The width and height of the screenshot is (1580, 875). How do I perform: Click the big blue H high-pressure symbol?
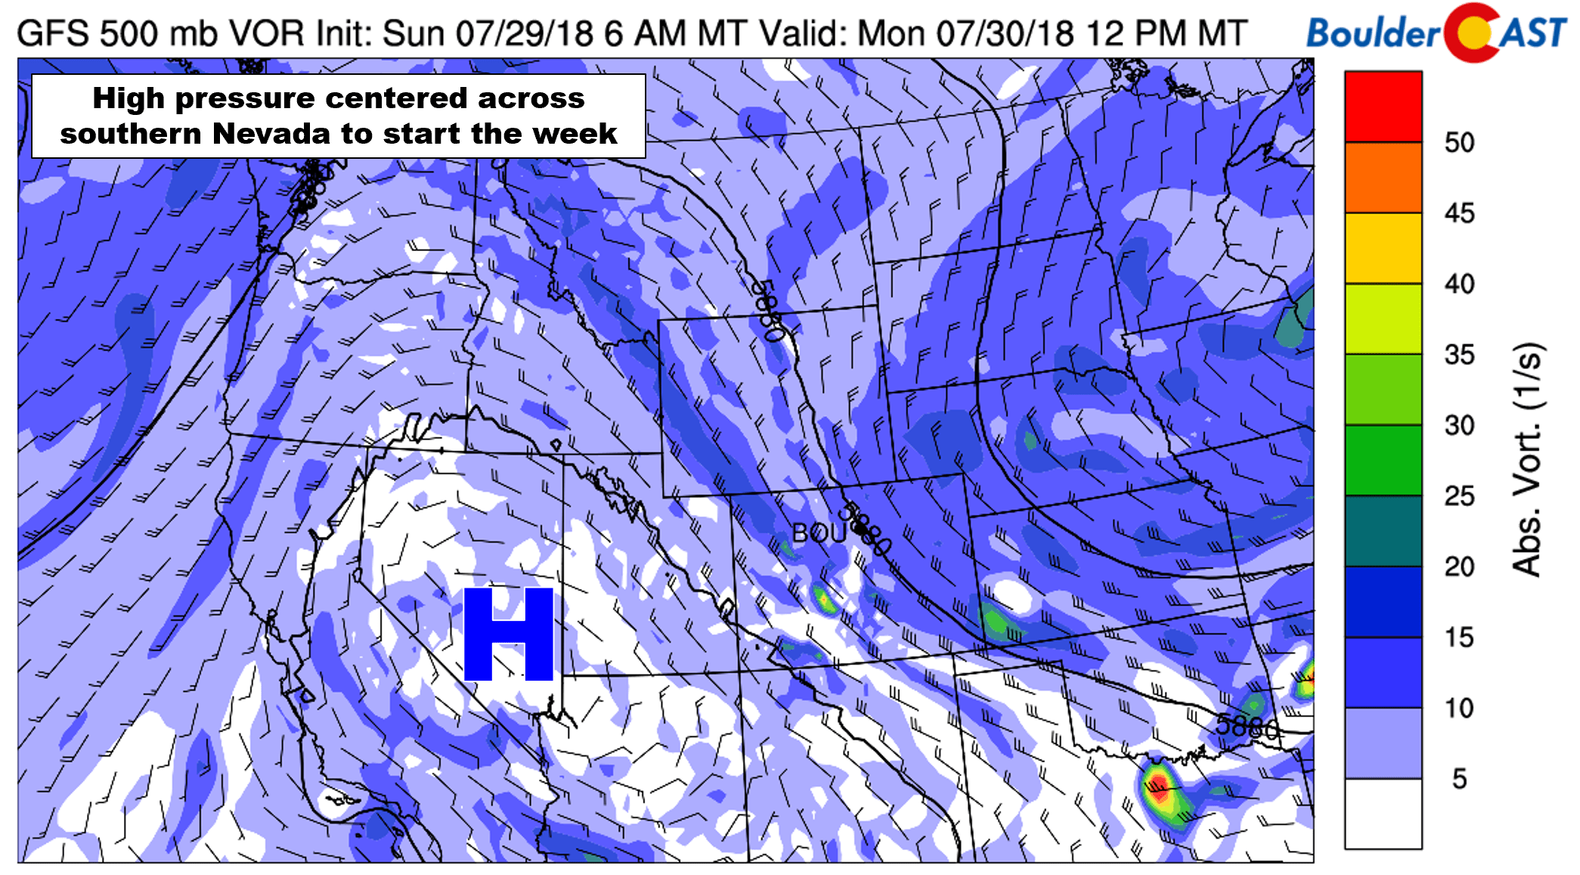point(508,634)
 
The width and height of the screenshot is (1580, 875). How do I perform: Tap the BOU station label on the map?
point(818,533)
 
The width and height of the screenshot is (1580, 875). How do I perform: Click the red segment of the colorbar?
point(1383,107)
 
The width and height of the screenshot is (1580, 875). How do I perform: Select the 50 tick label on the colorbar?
point(1459,142)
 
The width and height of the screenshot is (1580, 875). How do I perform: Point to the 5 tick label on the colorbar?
point(1459,778)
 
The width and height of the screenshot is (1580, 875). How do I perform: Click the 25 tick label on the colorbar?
point(1459,496)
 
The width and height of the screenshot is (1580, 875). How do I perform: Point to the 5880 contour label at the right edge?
point(1247,727)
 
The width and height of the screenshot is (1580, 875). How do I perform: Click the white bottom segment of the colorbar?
point(1383,813)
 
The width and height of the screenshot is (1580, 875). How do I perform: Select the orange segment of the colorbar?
point(1383,177)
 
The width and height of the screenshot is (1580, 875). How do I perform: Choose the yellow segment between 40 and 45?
point(1383,248)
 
